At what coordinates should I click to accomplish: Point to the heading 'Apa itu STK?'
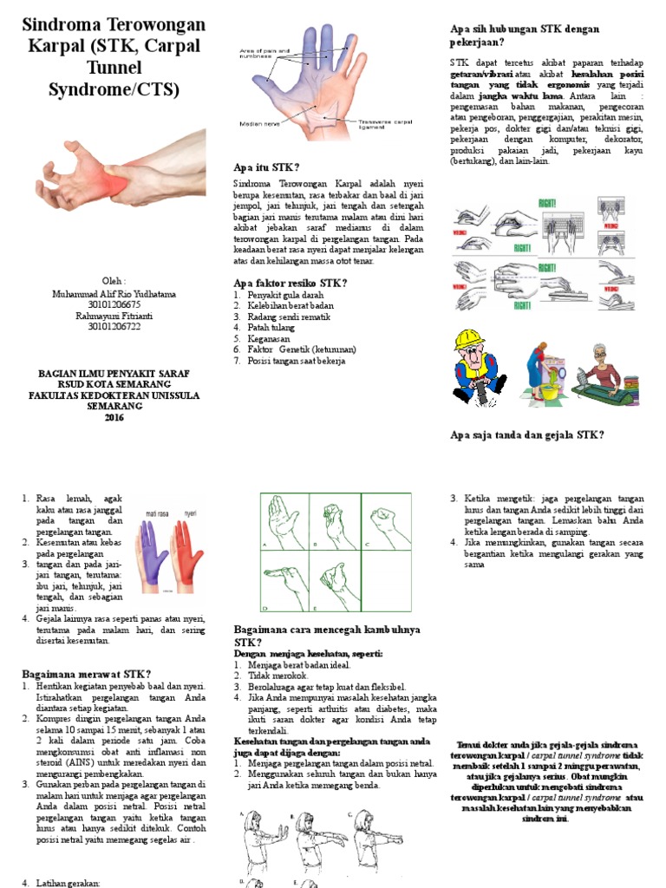pos(266,167)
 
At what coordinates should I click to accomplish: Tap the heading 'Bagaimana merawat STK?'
pos(86,674)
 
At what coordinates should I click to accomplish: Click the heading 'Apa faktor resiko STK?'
pos(291,283)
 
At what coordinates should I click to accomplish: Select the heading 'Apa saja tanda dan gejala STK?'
pos(526,434)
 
